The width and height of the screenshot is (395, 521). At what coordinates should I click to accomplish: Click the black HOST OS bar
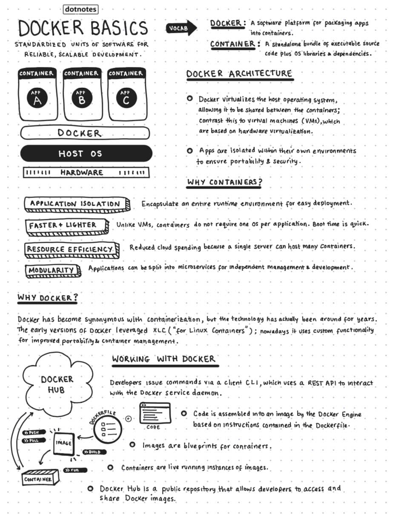pyautogui.click(x=86, y=154)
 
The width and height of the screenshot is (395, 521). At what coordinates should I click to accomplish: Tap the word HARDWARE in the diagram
pyautogui.click(x=82, y=172)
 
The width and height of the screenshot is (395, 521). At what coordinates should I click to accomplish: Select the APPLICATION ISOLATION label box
pyautogui.click(x=76, y=204)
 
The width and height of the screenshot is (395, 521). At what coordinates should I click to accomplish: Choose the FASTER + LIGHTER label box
pyautogui.click(x=64, y=225)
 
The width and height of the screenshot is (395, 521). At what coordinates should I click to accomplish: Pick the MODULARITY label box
pyautogui.click(x=52, y=270)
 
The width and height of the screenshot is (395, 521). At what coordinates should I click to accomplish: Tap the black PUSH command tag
pyautogui.click(x=32, y=432)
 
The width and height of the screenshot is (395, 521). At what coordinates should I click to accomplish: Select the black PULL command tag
pyautogui.click(x=32, y=440)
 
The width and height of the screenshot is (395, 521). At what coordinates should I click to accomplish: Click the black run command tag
pyautogui.click(x=75, y=470)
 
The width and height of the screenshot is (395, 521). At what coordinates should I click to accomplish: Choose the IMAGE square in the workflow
pyautogui.click(x=63, y=444)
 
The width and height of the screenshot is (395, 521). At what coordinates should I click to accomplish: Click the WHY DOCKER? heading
pyautogui.click(x=47, y=298)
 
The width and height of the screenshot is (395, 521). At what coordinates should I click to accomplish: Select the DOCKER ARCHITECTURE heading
pyautogui.click(x=239, y=74)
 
